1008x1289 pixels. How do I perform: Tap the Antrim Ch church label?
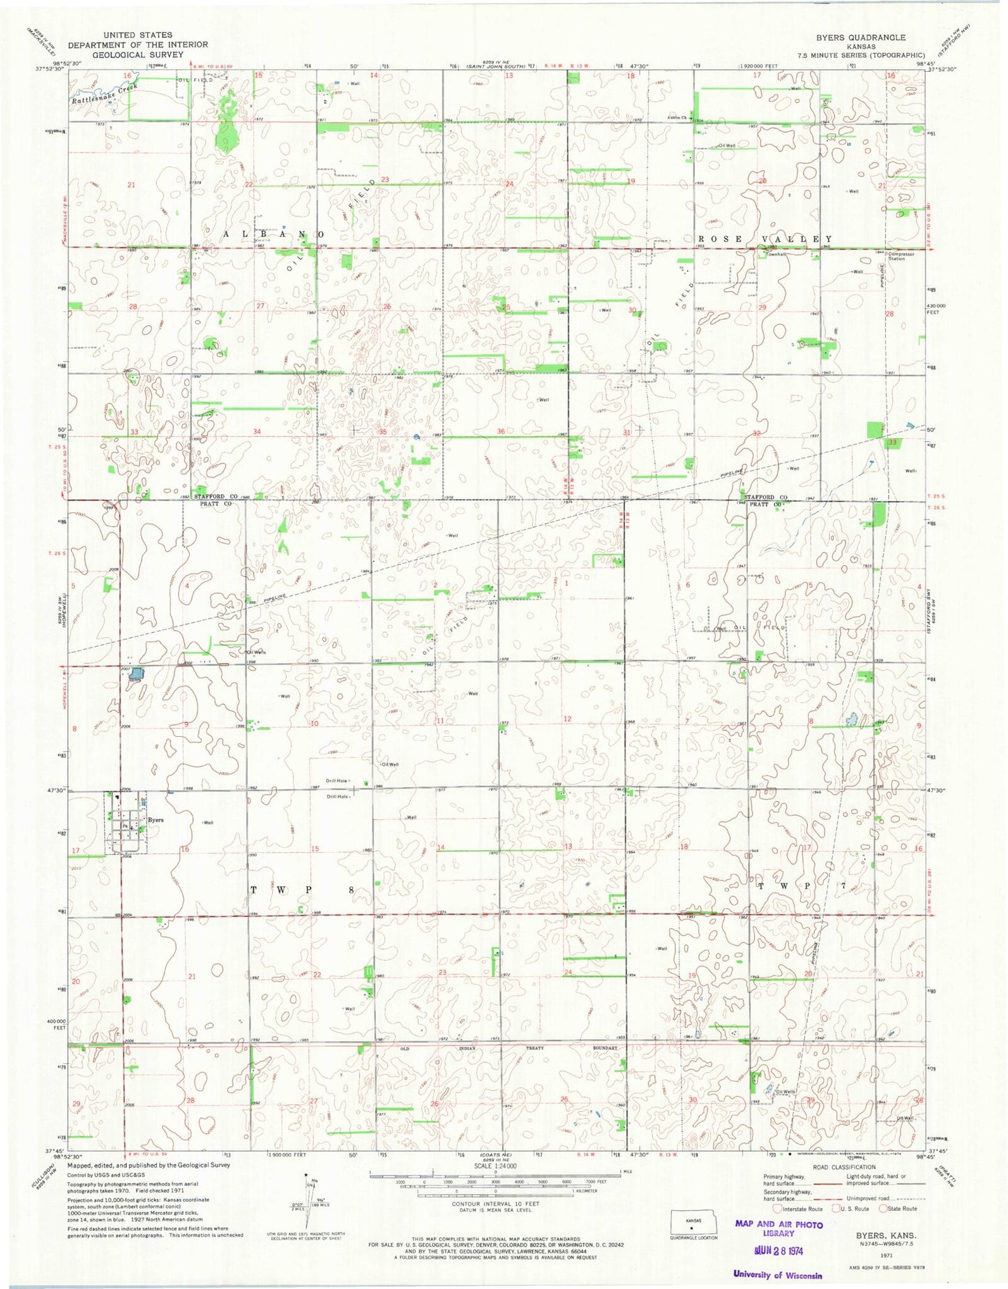click(676, 117)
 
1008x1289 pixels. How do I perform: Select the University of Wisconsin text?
click(777, 1274)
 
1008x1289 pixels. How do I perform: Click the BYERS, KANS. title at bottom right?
click(886, 1235)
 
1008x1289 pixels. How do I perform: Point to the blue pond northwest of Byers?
click(136, 675)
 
